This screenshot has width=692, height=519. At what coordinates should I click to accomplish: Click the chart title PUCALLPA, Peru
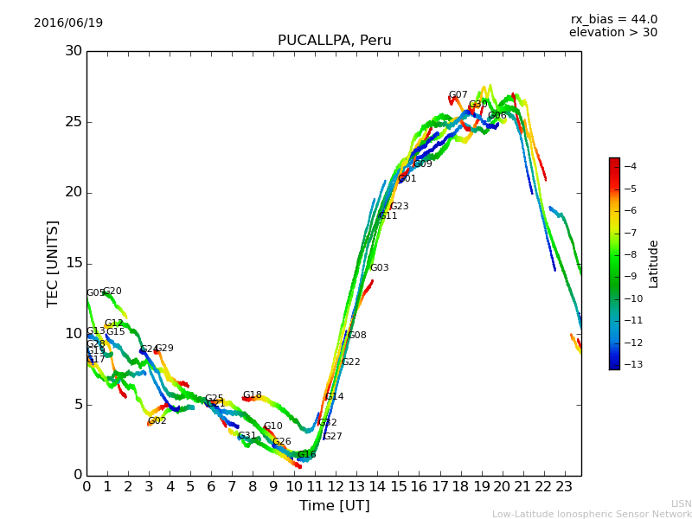tap(334, 41)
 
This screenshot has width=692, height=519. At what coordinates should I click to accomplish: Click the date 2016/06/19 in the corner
tap(68, 23)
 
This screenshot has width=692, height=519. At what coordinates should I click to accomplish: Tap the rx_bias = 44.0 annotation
tap(613, 20)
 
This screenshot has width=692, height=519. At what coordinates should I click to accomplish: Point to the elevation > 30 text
tap(612, 33)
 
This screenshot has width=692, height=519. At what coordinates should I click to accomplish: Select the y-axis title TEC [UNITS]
tap(53, 263)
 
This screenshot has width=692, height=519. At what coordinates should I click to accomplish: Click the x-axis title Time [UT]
tap(334, 506)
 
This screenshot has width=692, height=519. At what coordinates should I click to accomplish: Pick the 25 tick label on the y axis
tap(74, 121)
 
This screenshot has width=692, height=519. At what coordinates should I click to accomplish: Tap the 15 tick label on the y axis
tap(74, 263)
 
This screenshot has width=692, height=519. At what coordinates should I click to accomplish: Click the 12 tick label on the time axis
tap(336, 486)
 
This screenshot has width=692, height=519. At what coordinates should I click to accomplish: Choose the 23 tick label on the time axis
tap(564, 486)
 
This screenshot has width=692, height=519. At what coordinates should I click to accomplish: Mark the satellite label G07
tap(458, 95)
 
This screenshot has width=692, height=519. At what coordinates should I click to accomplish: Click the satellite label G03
tap(379, 268)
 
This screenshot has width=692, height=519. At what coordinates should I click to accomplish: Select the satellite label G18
tap(252, 395)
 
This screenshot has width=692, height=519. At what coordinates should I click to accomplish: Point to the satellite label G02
tap(157, 421)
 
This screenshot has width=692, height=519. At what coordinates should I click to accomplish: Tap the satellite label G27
tap(332, 437)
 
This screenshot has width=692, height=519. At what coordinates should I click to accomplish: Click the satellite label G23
tap(399, 207)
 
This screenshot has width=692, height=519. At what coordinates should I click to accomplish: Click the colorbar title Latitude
tap(654, 264)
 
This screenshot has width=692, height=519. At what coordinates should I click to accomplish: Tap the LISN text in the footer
tap(681, 503)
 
